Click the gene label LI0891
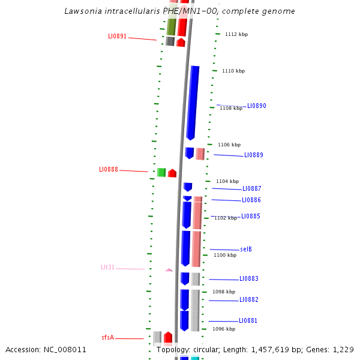click(x=117, y=37)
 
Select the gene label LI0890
click(x=256, y=106)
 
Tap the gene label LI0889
click(x=253, y=155)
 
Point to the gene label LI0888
click(x=108, y=170)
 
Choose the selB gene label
click(x=246, y=250)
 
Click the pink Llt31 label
click(x=107, y=268)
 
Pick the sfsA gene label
click(x=107, y=338)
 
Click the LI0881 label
click(x=248, y=321)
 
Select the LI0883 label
click(x=248, y=279)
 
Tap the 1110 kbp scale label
click(x=233, y=71)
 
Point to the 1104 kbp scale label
click(x=227, y=181)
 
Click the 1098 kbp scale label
click(x=224, y=292)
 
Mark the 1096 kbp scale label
click(x=223, y=329)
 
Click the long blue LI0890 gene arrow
click(x=193, y=102)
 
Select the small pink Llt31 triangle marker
click(x=169, y=270)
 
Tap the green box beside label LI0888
click(x=161, y=173)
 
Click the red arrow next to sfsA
click(x=168, y=337)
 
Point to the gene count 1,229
click(x=343, y=350)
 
